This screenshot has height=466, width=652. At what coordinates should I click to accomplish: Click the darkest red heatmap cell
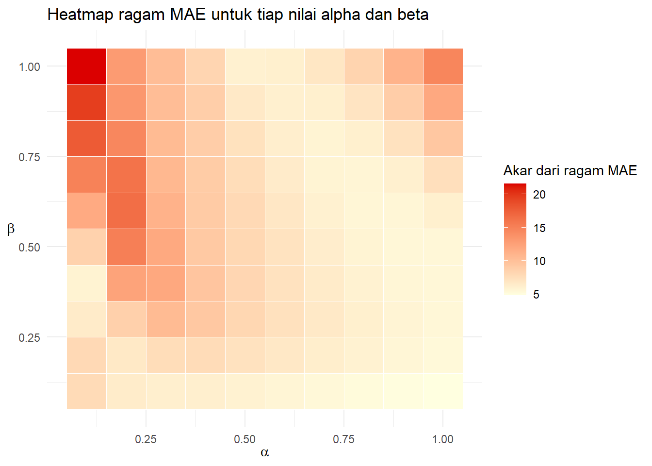[86, 67]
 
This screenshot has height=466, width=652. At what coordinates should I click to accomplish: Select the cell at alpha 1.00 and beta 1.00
[443, 67]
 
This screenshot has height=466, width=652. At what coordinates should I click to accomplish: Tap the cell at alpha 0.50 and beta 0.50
[245, 247]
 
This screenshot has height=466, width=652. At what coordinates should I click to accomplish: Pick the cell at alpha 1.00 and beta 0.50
[443, 247]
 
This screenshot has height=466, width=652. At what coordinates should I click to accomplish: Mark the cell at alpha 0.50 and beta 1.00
[245, 67]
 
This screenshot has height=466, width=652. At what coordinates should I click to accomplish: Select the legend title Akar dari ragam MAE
[570, 170]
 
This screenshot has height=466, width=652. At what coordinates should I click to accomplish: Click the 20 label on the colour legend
[539, 195]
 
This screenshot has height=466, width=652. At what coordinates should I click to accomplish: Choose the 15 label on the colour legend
[539, 228]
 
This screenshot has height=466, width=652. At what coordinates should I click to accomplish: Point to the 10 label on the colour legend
[539, 261]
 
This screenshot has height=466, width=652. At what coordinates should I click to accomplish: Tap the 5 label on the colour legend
[536, 295]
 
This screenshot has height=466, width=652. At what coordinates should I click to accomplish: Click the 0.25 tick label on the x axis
[146, 439]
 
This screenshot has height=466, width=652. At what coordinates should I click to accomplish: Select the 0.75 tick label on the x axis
[343, 439]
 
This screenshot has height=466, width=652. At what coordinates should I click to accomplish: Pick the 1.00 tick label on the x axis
[443, 439]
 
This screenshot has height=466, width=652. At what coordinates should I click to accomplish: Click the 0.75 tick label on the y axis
[29, 157]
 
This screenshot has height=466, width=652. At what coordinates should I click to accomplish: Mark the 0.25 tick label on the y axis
[29, 337]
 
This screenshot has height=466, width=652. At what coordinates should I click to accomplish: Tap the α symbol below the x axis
[264, 453]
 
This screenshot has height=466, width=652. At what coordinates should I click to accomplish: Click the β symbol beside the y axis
[11, 229]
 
